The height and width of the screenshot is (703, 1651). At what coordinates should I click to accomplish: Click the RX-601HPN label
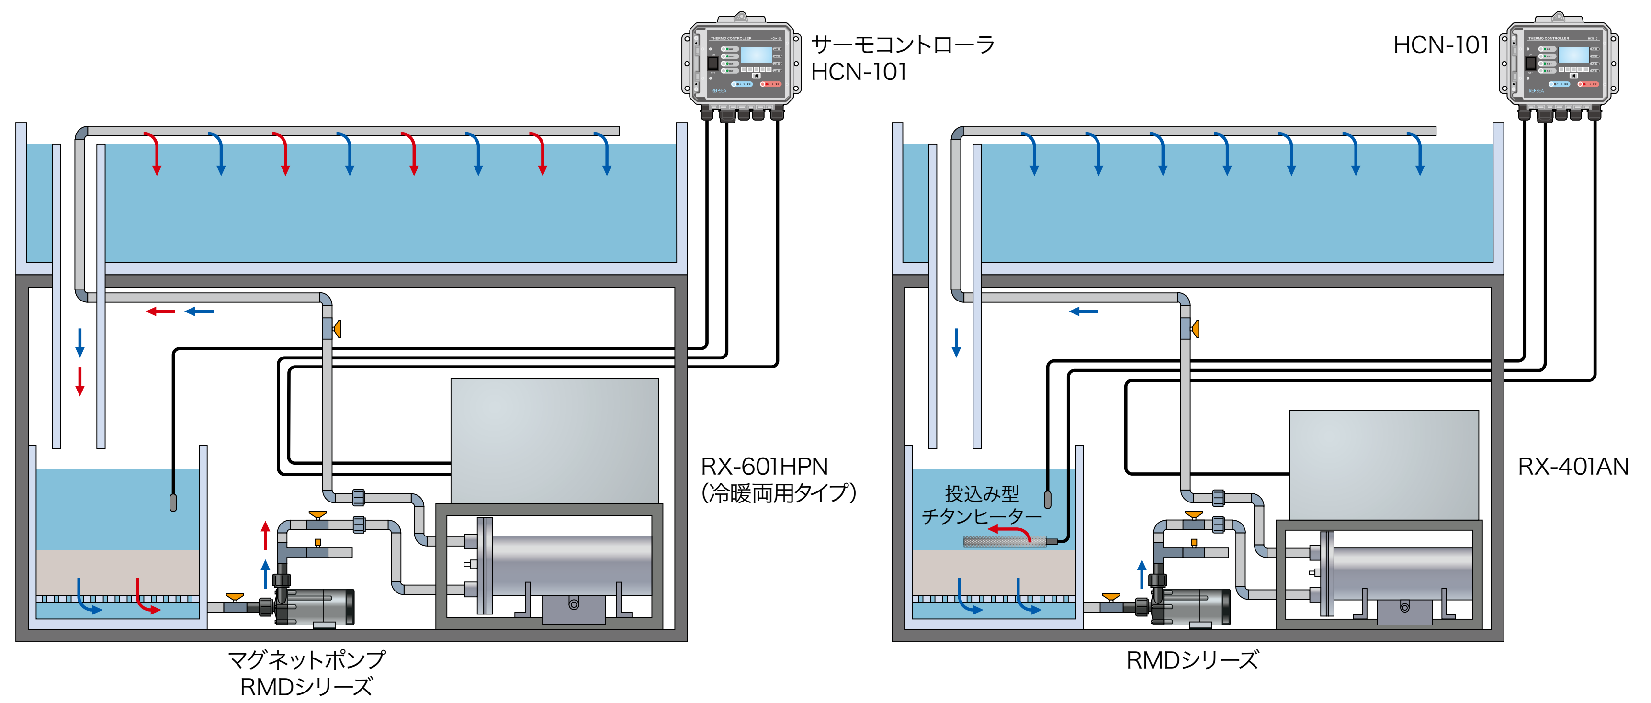click(x=764, y=466)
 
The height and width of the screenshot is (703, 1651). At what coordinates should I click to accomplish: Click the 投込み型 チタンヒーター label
click(x=981, y=505)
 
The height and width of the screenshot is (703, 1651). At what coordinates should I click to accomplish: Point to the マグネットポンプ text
click(x=306, y=659)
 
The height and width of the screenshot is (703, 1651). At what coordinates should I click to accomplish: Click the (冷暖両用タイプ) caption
click(x=778, y=493)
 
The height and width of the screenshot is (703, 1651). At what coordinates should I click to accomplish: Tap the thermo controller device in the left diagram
click(x=741, y=64)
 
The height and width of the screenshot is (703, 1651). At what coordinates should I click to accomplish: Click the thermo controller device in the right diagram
click(x=1559, y=64)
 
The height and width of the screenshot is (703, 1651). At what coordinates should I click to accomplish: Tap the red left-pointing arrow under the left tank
click(x=160, y=312)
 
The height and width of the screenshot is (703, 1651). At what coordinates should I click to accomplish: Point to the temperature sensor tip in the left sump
click(x=173, y=502)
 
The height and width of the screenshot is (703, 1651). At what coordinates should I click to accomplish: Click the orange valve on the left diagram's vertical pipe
click(x=337, y=329)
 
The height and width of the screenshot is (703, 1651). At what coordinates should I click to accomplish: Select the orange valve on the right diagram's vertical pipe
click(x=1194, y=329)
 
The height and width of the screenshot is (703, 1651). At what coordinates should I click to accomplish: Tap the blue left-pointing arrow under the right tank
click(x=1083, y=312)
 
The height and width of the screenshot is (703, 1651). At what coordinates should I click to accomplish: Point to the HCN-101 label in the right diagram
click(x=1440, y=45)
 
